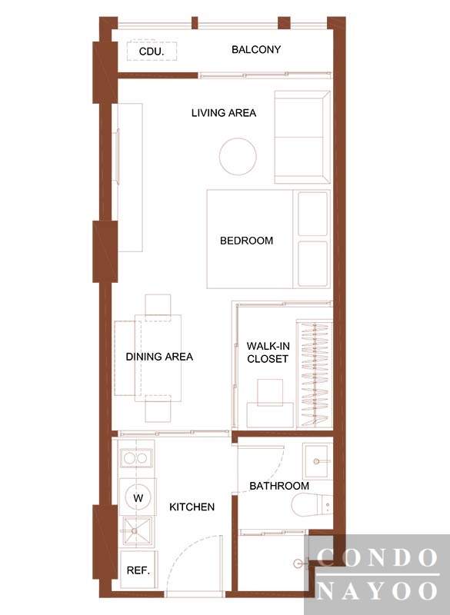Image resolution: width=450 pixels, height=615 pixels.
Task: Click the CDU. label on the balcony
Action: [152, 52]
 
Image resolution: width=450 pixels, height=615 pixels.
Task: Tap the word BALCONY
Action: [256, 49]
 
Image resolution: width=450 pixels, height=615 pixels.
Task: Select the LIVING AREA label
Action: [224, 113]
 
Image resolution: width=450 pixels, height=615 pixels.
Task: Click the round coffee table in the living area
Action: [238, 157]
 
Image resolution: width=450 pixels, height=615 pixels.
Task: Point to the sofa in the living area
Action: [302, 138]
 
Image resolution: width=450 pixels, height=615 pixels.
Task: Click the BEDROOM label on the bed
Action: [246, 241]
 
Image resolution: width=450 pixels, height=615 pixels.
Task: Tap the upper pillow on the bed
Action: [312, 214]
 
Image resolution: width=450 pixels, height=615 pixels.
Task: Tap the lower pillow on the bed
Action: [312, 264]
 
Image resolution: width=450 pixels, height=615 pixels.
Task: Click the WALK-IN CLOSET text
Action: [268, 352]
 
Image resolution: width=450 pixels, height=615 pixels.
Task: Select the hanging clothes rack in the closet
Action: [315, 374]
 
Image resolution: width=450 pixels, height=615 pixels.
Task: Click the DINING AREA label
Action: [159, 357]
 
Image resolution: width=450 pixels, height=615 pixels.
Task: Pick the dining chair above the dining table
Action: [158, 307]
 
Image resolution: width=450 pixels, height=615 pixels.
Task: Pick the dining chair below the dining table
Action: [158, 409]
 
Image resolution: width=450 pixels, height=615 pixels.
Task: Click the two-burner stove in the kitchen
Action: [135, 457]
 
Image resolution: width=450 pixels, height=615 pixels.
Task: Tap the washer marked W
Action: [138, 497]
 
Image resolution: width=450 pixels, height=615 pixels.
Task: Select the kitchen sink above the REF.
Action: [135, 531]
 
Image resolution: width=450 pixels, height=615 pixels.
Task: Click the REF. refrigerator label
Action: [138, 570]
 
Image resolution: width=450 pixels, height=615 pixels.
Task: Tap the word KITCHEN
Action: [192, 507]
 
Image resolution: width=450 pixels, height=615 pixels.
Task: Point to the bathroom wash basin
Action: [318, 461]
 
